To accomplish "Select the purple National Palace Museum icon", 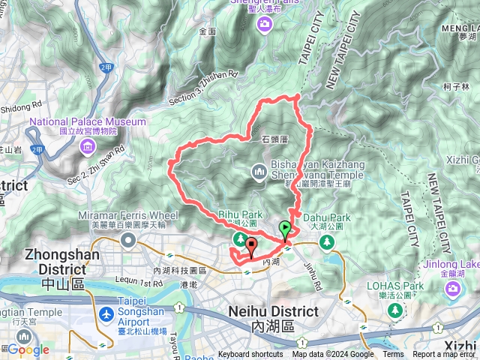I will click(x=88, y=143).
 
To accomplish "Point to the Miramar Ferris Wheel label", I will click(x=127, y=216).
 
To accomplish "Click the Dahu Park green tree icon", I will click(x=326, y=241).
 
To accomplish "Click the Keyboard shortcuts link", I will click(x=251, y=355).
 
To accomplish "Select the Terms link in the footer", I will click(x=393, y=355).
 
